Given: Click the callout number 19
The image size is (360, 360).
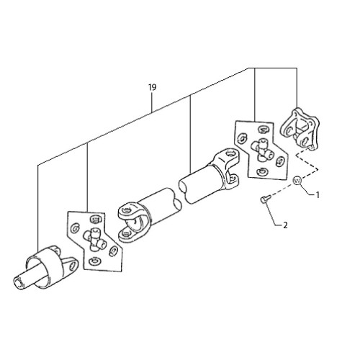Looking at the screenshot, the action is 153,87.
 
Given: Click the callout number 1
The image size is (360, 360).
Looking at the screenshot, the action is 318,195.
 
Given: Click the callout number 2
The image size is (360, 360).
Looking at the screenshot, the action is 285,225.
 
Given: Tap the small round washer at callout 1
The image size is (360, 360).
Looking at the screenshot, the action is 297,180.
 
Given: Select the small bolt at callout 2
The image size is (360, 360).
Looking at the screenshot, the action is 265,199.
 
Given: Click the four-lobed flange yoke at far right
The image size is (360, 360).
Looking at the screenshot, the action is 300,129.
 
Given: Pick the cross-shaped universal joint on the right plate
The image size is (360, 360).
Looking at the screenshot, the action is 262,150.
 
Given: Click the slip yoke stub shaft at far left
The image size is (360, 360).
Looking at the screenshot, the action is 45,267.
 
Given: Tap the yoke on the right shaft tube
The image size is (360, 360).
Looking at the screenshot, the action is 225,168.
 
